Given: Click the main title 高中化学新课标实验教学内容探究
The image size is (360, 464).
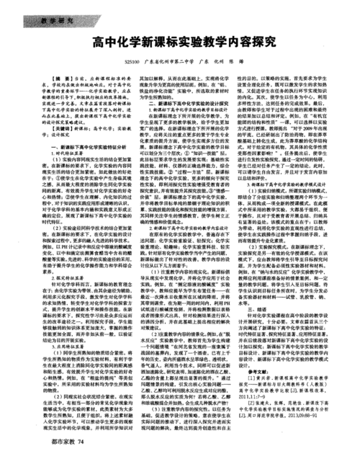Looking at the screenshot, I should pyautogui.click(x=181, y=43).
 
